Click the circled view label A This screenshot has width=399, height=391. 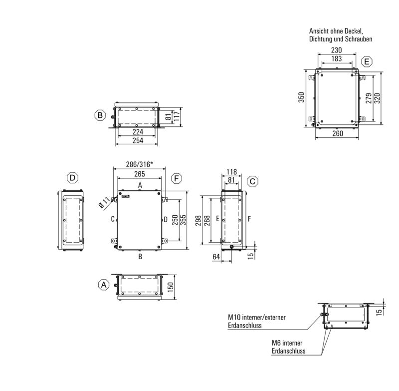(103, 285)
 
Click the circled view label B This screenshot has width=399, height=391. (100, 115)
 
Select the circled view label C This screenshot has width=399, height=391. (253, 181)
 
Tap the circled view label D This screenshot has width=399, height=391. (73, 178)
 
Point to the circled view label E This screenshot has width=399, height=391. (367, 62)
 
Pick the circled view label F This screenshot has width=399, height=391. (176, 178)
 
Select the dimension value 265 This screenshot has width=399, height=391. (139, 173)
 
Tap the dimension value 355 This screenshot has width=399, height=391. (184, 220)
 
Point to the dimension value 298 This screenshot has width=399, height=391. (199, 220)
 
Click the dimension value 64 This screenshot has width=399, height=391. (217, 257)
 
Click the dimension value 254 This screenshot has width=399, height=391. (137, 141)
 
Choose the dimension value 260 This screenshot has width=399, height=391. (338, 133)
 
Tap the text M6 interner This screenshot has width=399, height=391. (290, 343)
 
